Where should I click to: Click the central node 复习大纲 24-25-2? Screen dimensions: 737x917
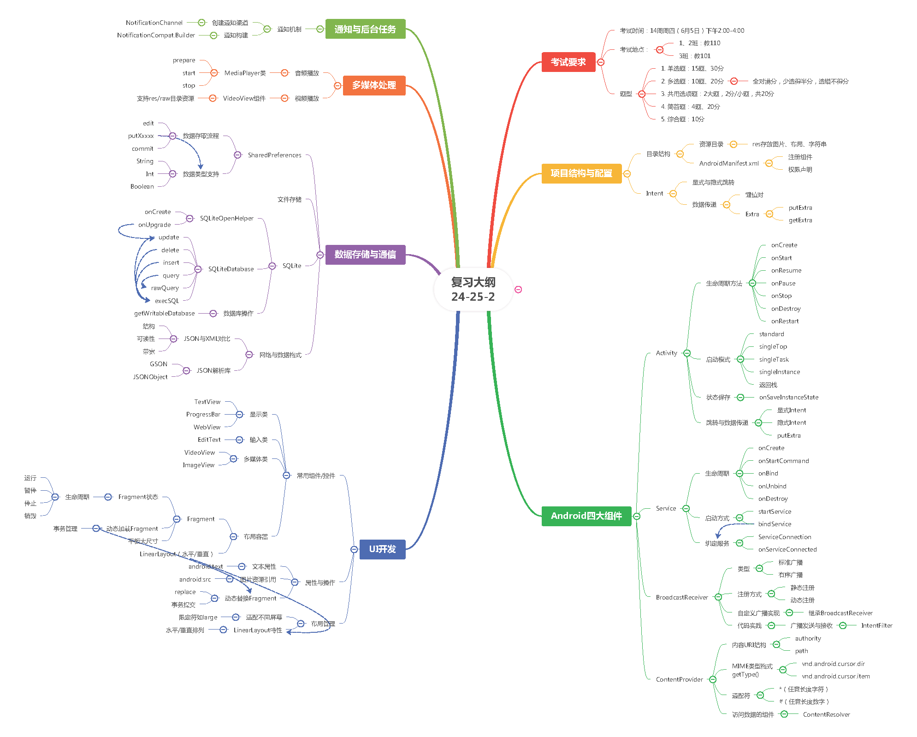[473, 289]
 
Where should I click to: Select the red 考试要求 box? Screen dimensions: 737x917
[568, 62]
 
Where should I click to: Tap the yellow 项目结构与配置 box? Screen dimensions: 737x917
[581, 173]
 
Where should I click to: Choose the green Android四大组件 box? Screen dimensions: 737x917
[586, 516]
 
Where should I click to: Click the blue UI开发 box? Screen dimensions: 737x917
[382, 549]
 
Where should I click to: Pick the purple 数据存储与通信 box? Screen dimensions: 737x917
[365, 255]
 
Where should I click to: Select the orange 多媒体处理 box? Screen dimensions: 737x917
[374, 85]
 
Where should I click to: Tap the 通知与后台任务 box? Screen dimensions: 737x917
[365, 29]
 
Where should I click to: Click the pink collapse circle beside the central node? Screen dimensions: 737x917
[518, 290]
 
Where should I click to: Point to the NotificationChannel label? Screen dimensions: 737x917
[154, 23]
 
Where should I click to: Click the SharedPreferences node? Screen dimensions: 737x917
[274, 155]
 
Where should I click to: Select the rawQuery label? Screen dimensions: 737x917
[165, 288]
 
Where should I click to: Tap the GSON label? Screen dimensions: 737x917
[159, 364]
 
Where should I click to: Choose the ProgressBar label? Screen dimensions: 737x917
[203, 414]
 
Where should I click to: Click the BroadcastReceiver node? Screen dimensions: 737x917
[681, 597]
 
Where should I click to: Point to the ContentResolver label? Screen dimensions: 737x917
[826, 714]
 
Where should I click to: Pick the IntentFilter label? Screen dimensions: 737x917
[876, 625]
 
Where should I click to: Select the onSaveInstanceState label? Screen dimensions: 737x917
[788, 397]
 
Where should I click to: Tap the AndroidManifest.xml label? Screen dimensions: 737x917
[728, 163]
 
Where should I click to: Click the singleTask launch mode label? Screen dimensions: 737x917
[774, 359]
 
